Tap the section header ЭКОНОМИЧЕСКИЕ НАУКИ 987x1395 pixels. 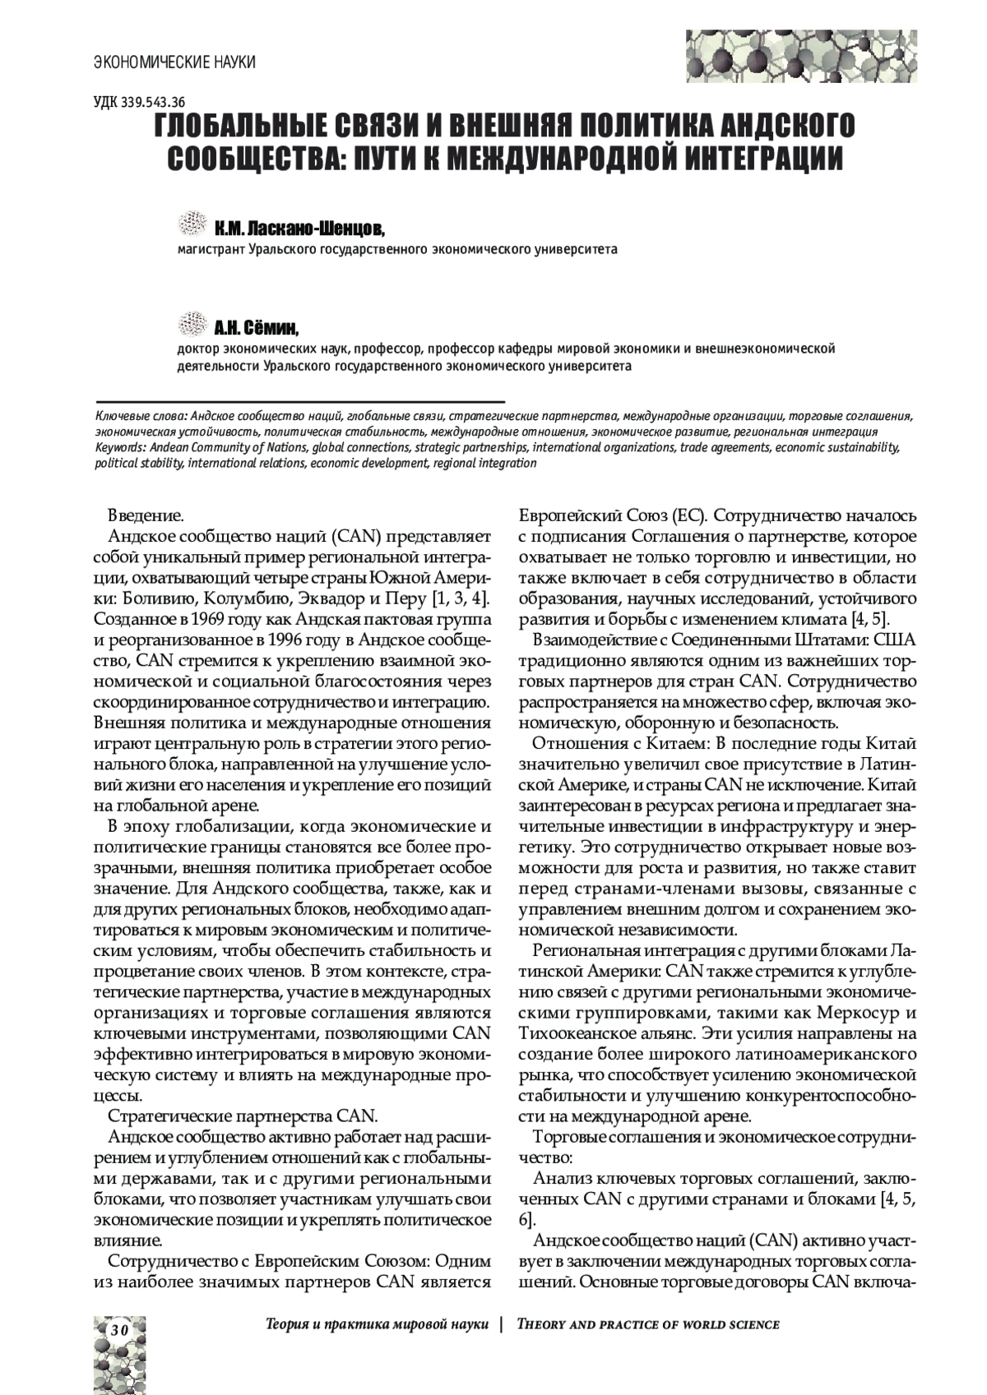tap(174, 62)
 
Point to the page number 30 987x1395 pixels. tap(118, 1329)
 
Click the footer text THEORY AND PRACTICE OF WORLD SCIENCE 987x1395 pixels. tap(647, 1324)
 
